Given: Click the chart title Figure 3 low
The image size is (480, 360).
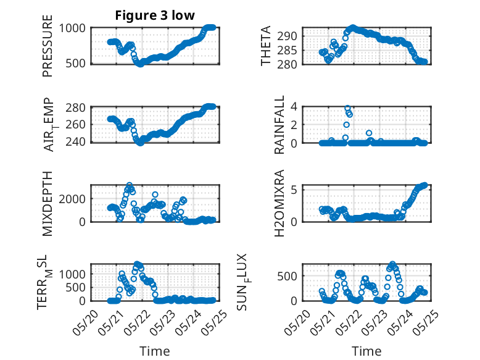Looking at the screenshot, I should tap(155, 15).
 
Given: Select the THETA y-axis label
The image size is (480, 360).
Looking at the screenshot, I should tap(266, 46).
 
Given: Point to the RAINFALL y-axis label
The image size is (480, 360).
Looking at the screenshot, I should tap(279, 124).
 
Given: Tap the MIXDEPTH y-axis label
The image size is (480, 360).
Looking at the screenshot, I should tap(48, 203).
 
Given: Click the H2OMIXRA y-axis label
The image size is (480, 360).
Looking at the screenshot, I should tap(279, 203).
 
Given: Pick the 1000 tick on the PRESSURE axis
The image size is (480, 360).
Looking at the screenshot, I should tap(75, 27).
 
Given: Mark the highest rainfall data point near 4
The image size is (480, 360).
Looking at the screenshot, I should tap(347, 108).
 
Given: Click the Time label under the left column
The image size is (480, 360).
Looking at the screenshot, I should tap(155, 351).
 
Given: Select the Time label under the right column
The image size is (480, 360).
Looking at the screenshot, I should tap(366, 351).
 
